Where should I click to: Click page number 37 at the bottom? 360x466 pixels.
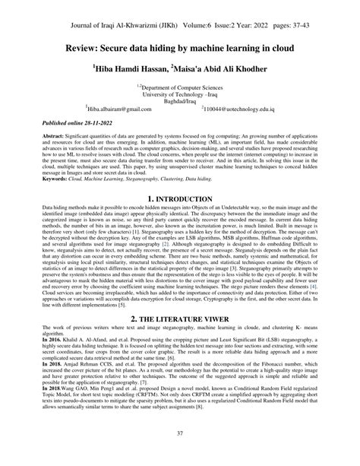tap(180, 454)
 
